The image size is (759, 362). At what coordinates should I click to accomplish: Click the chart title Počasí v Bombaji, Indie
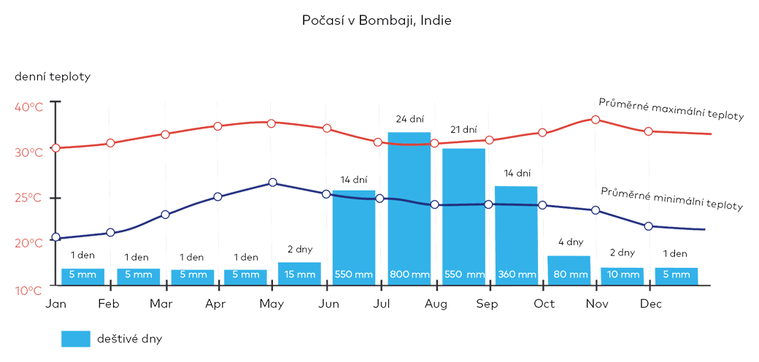point(377,20)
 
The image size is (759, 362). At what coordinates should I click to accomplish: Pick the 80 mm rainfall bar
point(569,270)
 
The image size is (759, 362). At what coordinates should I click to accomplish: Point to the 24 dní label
point(410,118)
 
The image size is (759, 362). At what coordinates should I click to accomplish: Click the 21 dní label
point(463,129)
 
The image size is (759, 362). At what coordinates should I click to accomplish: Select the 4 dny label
point(571,242)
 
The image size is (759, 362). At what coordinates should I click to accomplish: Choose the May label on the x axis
point(271,304)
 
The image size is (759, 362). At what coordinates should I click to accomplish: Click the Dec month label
point(651,304)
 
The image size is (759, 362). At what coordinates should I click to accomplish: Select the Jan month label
point(55,304)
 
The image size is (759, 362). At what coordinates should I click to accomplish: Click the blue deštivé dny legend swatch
point(76,339)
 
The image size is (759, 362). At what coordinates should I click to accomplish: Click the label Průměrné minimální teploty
point(671,199)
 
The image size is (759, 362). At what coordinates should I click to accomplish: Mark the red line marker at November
point(596,119)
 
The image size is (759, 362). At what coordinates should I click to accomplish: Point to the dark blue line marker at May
point(272,182)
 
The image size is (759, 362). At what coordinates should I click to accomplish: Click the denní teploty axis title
point(52,77)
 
